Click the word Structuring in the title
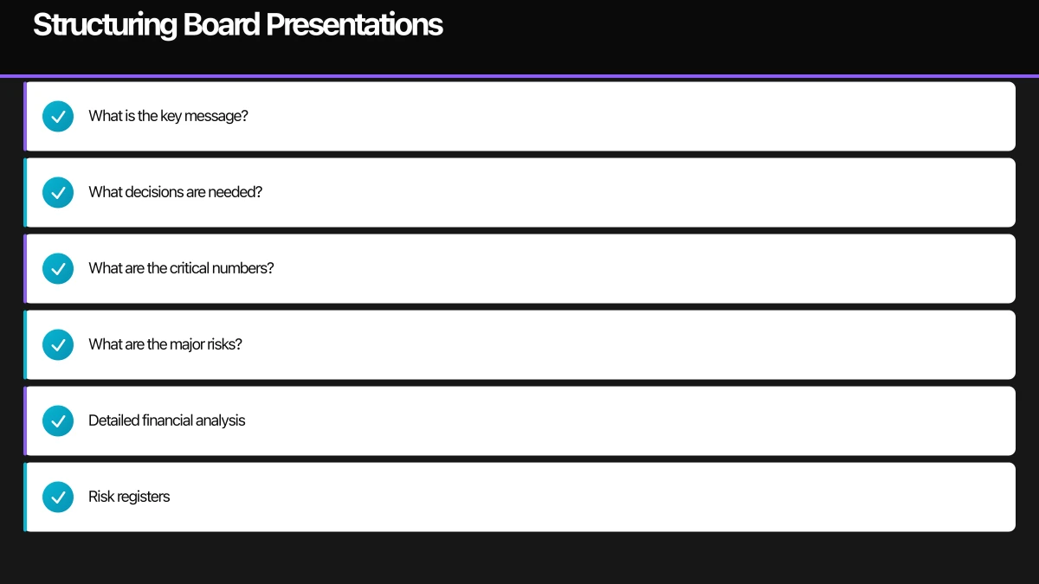106,25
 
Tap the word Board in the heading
222,24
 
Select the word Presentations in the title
355,24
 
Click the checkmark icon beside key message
58,116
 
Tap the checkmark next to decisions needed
58,192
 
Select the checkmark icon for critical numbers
58,268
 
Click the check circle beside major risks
58,345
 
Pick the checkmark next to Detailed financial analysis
58,420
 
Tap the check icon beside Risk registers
58,497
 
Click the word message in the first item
216,116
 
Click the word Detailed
114,420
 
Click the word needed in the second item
236,192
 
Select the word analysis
220,420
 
